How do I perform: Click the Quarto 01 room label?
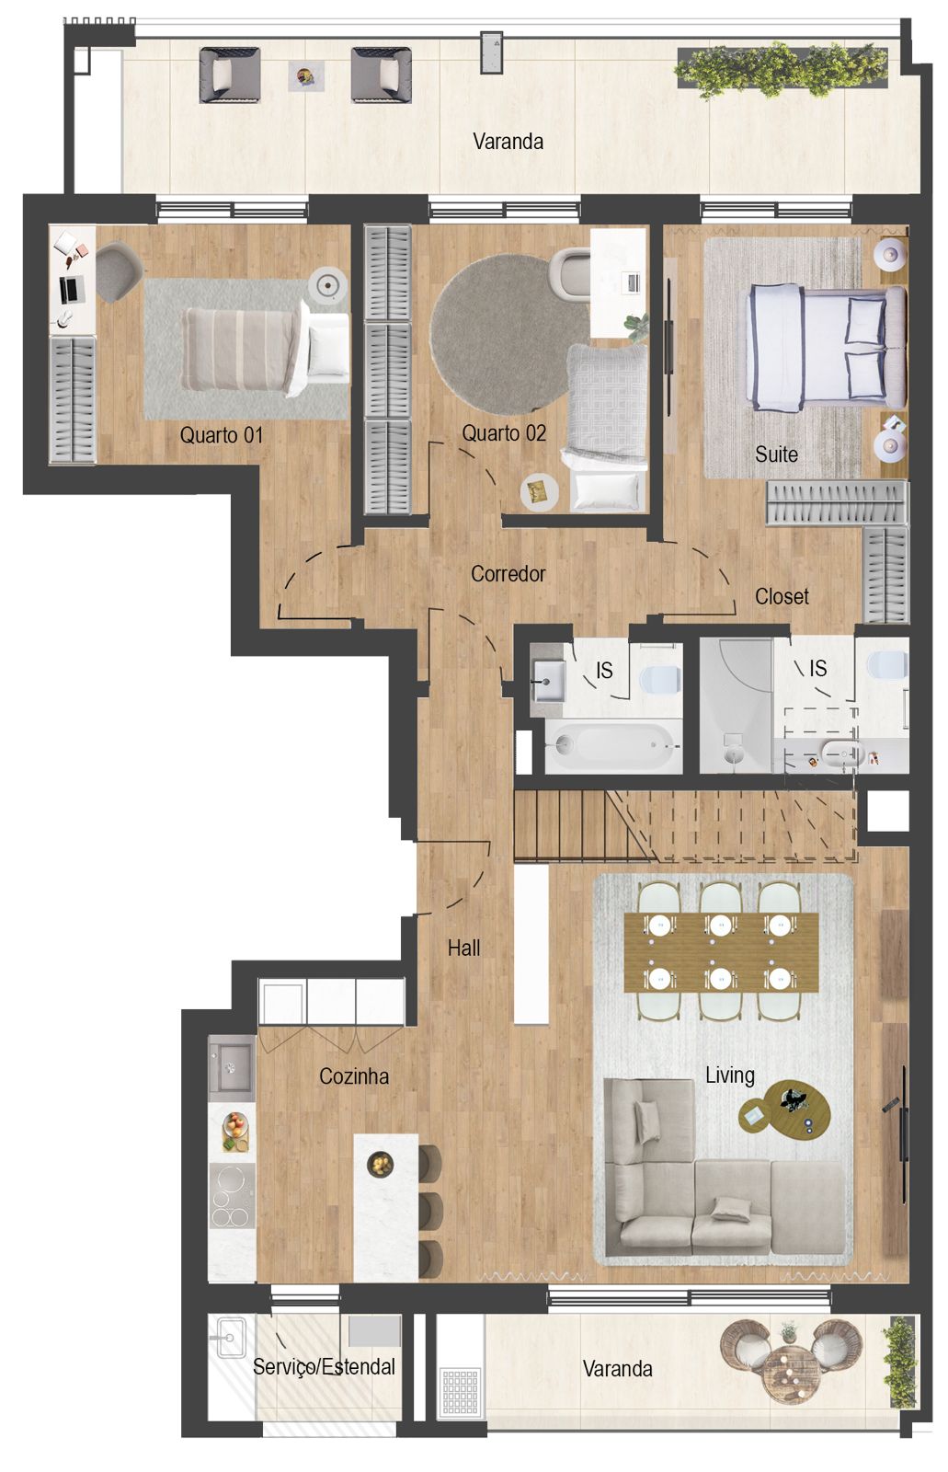point(221,435)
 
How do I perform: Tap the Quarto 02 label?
point(504,433)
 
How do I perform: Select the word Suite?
point(776,454)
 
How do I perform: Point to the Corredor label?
point(508,574)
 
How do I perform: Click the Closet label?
point(782,597)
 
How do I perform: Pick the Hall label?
point(463,949)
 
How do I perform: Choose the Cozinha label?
point(353,1076)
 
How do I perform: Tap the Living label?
point(729,1075)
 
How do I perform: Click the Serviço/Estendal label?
point(324,1367)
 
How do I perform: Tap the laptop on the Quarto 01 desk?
point(70,290)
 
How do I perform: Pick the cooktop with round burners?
point(231,1196)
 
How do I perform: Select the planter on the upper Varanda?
point(782,69)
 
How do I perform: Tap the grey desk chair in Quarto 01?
point(118,270)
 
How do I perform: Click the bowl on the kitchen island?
point(380,1165)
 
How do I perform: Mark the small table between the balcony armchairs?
point(306,76)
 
